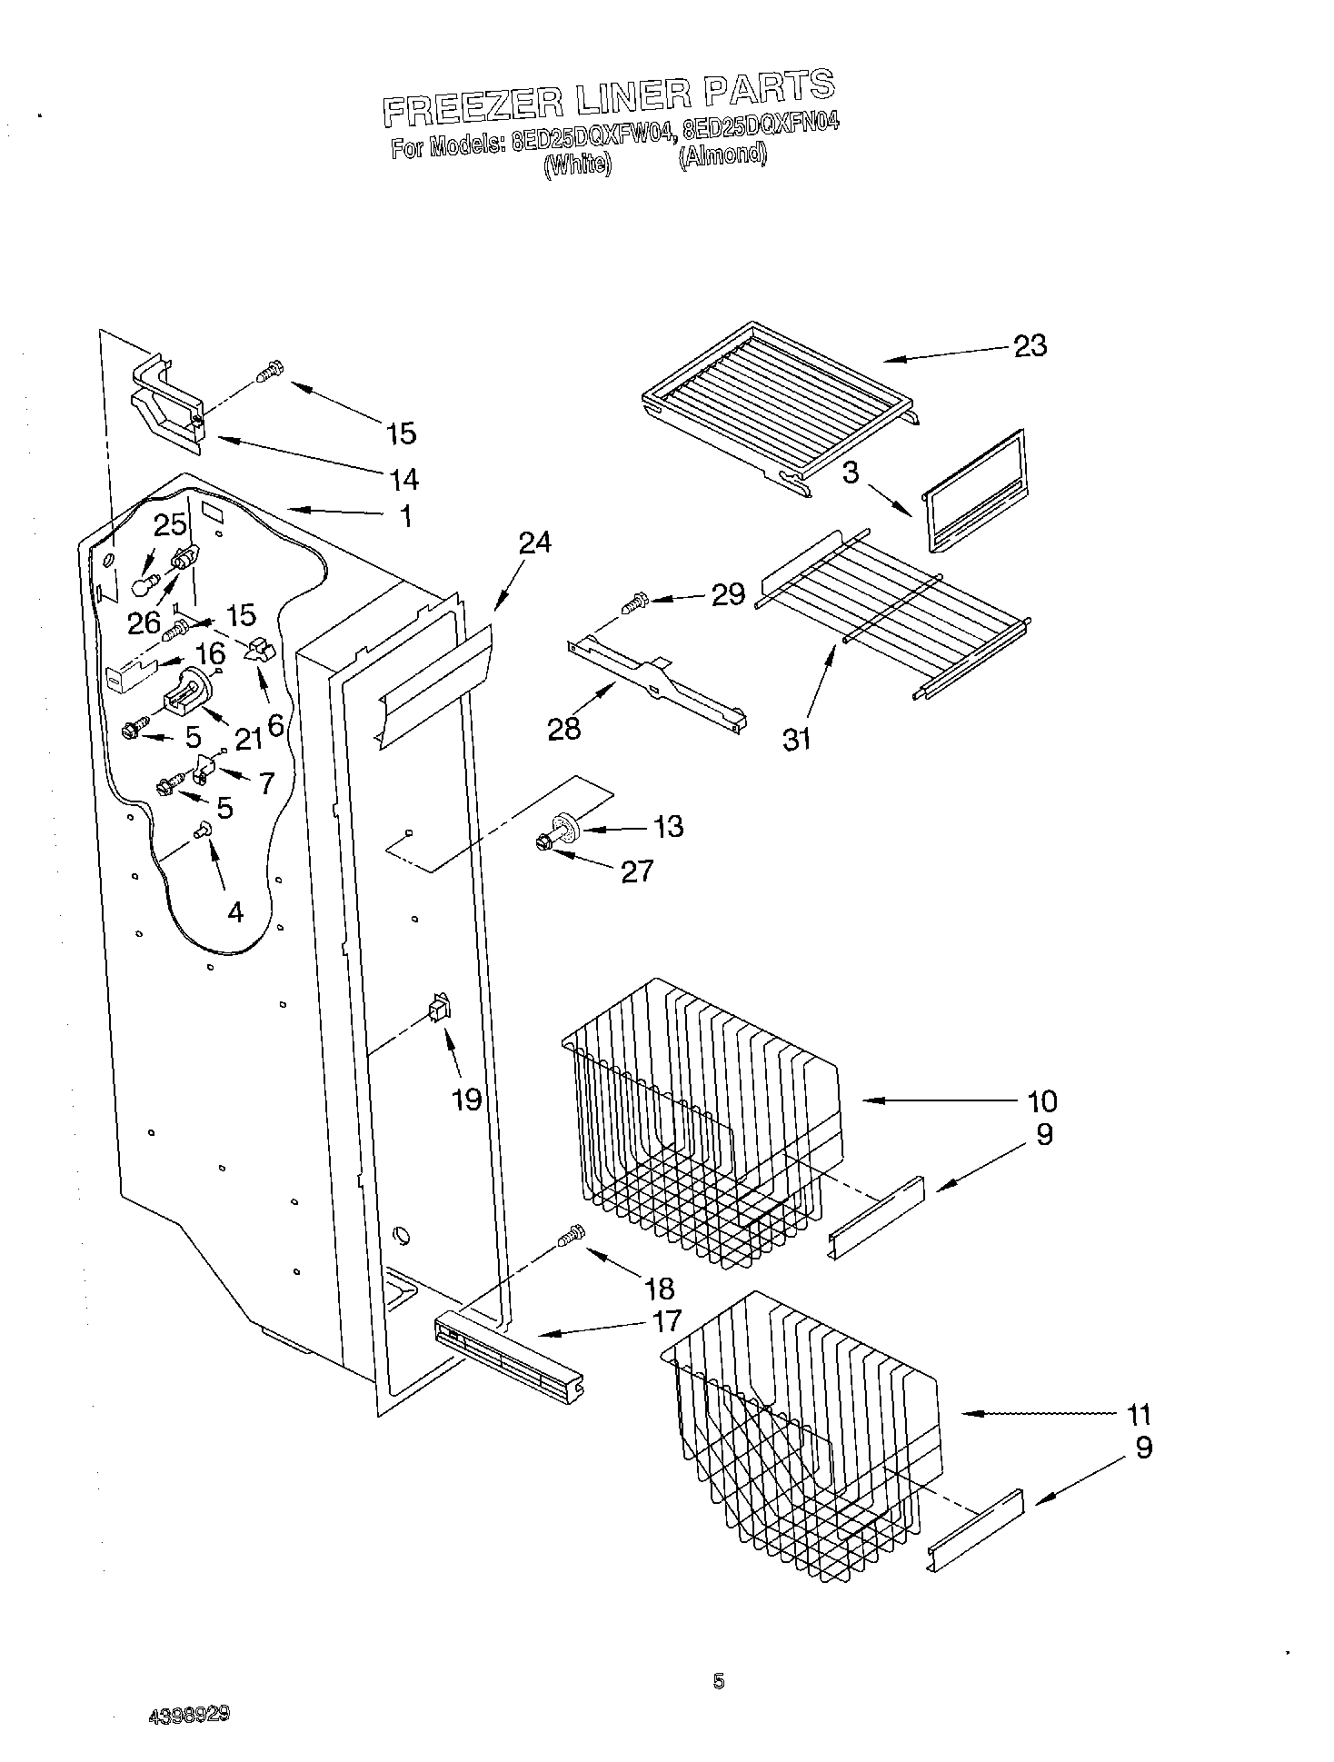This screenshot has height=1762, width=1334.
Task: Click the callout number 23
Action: pos(1030,345)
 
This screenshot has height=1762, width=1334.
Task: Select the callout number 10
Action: pos(1042,1101)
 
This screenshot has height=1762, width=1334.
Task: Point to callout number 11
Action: pos(1139,1414)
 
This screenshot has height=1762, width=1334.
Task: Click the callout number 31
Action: pos(797,740)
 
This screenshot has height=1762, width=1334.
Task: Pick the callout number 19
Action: pos(467,1100)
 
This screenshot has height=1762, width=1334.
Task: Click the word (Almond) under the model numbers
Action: pos(722,155)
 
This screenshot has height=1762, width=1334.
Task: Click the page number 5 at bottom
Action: pos(718,1682)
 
